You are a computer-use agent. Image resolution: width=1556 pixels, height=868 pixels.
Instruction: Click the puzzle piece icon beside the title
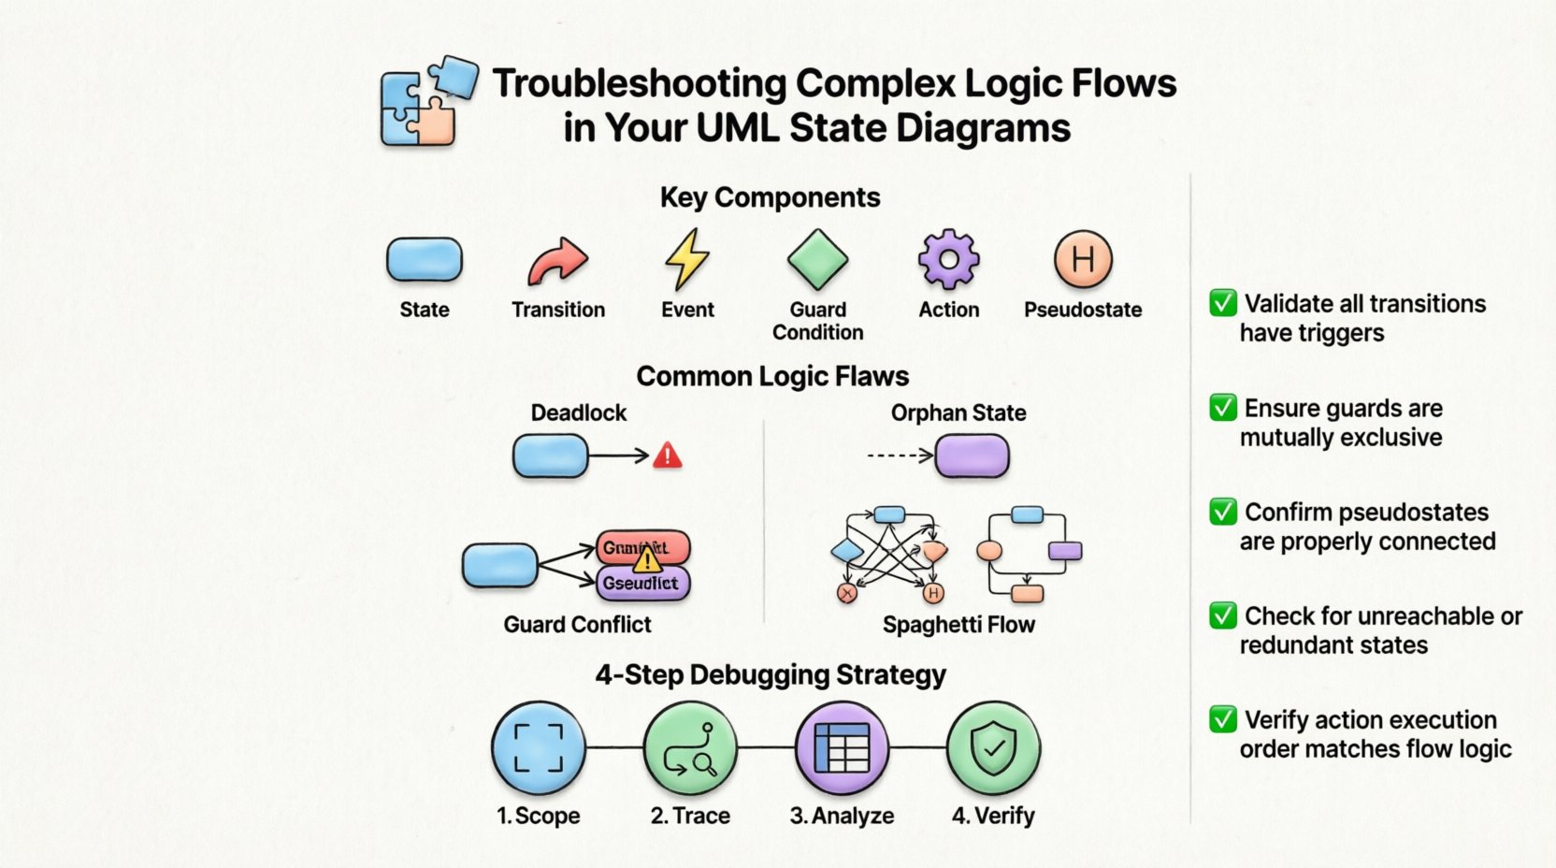(x=426, y=102)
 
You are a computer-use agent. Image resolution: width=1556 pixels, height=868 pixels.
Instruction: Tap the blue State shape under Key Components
(x=425, y=260)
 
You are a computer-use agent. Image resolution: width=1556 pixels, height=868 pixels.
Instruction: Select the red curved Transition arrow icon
(x=557, y=261)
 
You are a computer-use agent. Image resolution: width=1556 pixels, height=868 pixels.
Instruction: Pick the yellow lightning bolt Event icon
(x=687, y=259)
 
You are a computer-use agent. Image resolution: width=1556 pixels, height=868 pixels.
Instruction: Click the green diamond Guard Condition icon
(x=817, y=259)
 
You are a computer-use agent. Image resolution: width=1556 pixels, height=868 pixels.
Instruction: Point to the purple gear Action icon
(x=948, y=259)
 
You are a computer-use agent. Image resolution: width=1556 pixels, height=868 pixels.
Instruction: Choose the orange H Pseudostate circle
(x=1083, y=259)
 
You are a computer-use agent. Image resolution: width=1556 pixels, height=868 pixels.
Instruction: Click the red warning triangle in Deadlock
(x=667, y=456)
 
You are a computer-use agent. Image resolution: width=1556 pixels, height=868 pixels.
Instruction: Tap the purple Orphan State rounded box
(x=972, y=456)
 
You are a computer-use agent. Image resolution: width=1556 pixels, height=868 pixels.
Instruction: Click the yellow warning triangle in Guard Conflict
(x=646, y=560)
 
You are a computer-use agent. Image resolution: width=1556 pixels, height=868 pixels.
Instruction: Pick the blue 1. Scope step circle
(x=539, y=748)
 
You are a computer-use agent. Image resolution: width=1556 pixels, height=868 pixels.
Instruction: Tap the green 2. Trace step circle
(x=690, y=748)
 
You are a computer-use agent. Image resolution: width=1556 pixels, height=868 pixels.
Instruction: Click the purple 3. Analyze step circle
(x=842, y=748)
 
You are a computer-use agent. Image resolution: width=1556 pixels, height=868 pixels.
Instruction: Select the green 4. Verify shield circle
(x=993, y=748)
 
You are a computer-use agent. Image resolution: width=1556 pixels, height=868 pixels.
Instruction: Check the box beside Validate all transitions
(x=1223, y=303)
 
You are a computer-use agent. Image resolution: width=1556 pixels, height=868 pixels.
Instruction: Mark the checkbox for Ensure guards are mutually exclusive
(x=1223, y=408)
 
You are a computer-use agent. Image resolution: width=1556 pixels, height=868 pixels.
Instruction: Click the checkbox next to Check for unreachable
(x=1223, y=615)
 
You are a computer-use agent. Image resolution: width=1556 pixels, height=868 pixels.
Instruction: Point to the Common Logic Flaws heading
(x=772, y=376)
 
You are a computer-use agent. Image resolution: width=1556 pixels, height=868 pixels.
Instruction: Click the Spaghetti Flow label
(x=958, y=625)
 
